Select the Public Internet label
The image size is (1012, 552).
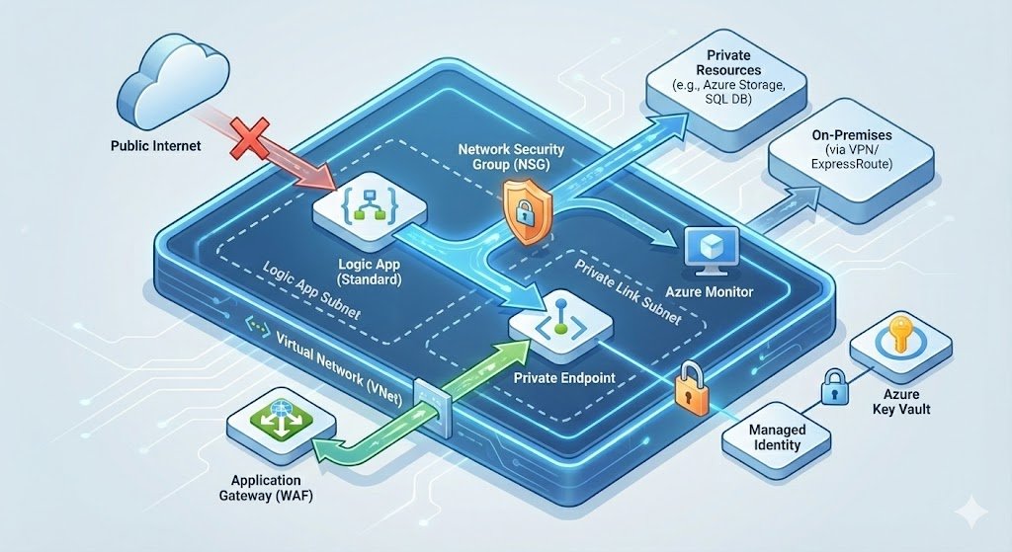click(x=156, y=146)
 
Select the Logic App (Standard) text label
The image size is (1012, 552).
click(x=369, y=273)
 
